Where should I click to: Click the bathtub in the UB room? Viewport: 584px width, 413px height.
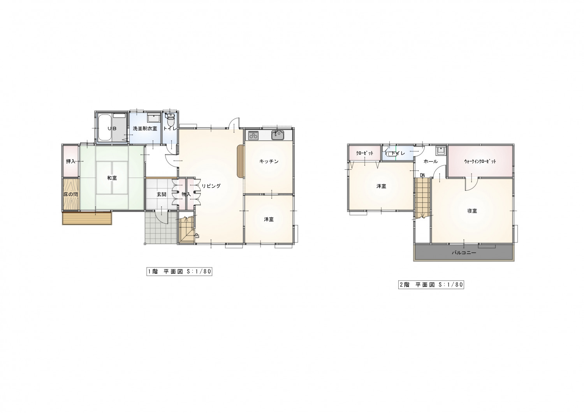point(105,127)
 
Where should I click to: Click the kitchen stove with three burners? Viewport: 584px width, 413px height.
point(253,135)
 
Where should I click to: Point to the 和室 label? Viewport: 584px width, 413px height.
point(112,178)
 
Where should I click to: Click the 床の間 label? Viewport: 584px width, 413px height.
point(70,195)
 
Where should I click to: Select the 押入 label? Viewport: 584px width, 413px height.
point(70,162)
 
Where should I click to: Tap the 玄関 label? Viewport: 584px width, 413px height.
point(162,195)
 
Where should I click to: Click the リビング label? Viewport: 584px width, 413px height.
point(211,186)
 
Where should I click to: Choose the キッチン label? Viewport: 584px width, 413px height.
point(269,162)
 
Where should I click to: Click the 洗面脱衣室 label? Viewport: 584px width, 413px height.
point(145,128)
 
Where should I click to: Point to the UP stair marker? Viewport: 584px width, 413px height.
point(197,235)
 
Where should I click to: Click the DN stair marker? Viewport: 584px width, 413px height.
point(422,175)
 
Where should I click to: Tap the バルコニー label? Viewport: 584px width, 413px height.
point(464,253)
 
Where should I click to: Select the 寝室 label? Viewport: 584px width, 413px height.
point(472,211)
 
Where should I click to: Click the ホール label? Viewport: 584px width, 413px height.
point(431,162)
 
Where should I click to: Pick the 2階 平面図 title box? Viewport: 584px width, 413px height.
point(431,285)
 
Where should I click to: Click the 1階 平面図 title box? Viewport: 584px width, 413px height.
point(179,272)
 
